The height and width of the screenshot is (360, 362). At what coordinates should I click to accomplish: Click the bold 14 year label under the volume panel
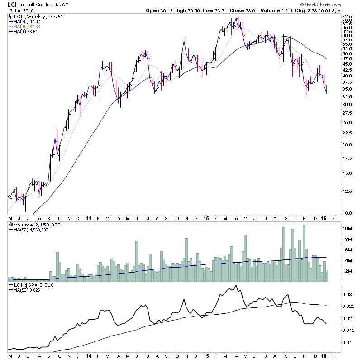(x=88, y=217)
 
